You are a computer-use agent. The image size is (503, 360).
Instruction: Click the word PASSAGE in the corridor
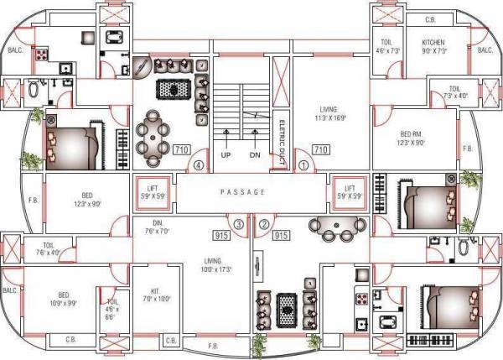point(242,192)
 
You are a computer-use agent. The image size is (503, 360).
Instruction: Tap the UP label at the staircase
point(226,155)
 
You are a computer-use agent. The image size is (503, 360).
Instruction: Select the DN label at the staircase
point(256,155)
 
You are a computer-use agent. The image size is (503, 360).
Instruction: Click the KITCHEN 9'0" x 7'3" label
point(433,46)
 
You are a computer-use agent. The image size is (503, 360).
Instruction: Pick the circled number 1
point(303,165)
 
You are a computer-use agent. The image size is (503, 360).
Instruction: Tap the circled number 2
point(264,224)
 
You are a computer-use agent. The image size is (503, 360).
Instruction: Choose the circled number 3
point(239,224)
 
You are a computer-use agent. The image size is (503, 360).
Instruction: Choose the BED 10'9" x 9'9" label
point(65,299)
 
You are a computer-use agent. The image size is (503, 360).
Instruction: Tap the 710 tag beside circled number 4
point(180,149)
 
